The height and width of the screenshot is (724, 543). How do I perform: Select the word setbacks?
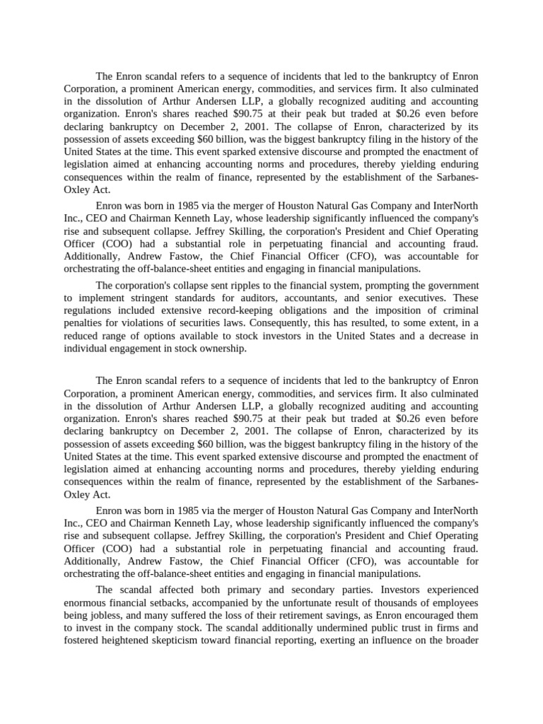pyautogui.click(x=165, y=602)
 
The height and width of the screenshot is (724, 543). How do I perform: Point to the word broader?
pyautogui.click(x=459, y=641)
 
